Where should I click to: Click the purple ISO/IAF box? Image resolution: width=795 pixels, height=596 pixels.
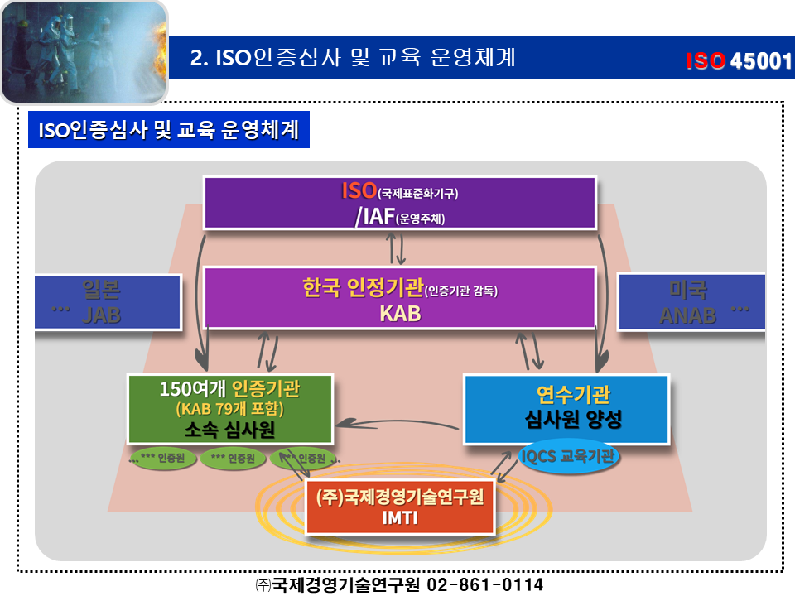pyautogui.click(x=400, y=203)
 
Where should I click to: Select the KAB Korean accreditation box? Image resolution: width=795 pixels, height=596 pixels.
pyautogui.click(x=400, y=297)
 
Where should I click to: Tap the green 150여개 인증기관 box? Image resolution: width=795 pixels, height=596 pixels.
pyautogui.click(x=230, y=408)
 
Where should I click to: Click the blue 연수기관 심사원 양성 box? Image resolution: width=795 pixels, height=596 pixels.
pyautogui.click(x=566, y=409)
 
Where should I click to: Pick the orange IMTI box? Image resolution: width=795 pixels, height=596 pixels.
pyautogui.click(x=401, y=507)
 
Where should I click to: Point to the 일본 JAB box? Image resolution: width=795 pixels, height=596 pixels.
pyautogui.click(x=108, y=302)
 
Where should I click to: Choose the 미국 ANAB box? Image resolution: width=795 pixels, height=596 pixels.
pyautogui.click(x=691, y=302)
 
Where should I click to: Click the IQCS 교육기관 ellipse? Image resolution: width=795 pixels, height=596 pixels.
pyautogui.click(x=570, y=454)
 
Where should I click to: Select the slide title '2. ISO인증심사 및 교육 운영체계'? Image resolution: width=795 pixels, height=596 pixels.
pyautogui.click(x=353, y=57)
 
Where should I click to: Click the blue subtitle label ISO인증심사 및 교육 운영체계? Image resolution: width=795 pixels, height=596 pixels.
pyautogui.click(x=169, y=131)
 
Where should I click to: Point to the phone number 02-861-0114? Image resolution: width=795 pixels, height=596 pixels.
pyautogui.click(x=484, y=584)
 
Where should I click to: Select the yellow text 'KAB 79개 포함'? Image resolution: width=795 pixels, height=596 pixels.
pyautogui.click(x=230, y=408)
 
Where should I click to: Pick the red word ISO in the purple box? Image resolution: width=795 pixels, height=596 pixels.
pyautogui.click(x=359, y=191)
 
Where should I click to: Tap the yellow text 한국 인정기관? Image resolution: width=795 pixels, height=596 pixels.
pyautogui.click(x=362, y=288)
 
